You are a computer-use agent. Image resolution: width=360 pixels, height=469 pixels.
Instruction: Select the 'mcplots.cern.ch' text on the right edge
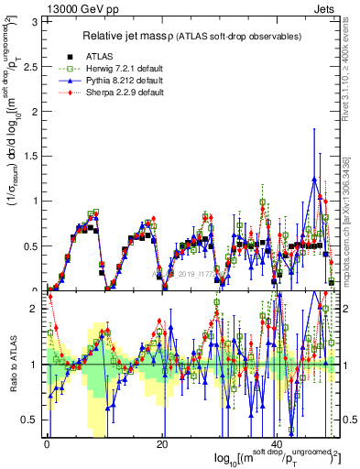coord(348,238)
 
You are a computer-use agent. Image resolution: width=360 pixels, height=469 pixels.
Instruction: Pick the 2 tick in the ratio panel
coord(37,310)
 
